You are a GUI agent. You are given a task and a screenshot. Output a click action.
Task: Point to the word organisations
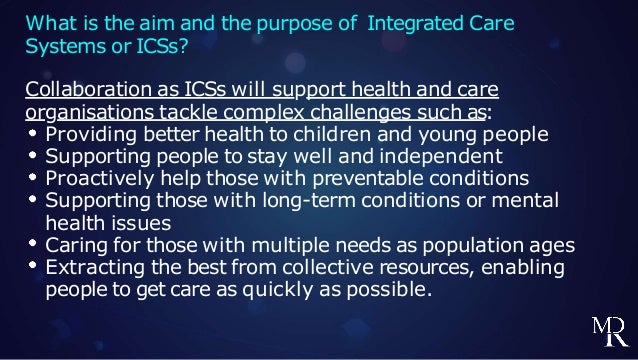point(87,113)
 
